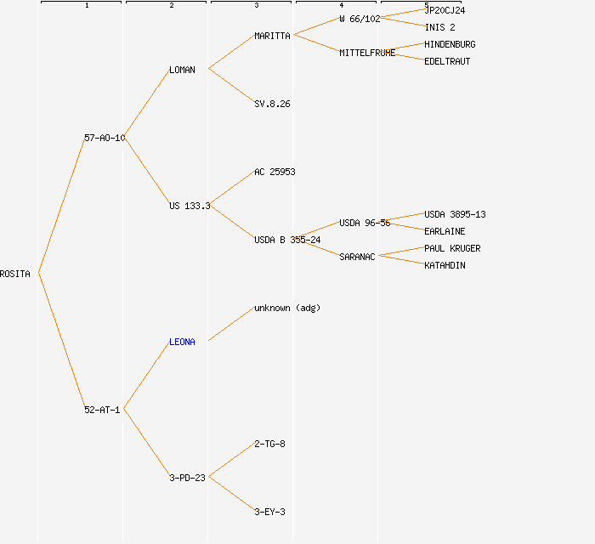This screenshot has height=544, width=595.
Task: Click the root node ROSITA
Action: point(15,274)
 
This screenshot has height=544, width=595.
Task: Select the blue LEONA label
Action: point(182,342)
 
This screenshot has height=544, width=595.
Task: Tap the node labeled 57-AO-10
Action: point(105,138)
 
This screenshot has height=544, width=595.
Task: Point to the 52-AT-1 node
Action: point(102,410)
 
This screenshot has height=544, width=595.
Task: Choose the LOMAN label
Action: point(182,70)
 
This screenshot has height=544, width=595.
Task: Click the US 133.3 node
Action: point(190,206)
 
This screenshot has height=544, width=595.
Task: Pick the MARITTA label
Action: point(272,36)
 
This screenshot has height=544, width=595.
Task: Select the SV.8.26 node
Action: point(272,104)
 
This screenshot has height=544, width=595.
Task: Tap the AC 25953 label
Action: point(275,172)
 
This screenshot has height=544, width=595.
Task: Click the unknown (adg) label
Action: point(287,308)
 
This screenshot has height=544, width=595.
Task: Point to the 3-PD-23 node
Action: point(187,478)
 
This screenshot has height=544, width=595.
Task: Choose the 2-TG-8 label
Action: point(269,444)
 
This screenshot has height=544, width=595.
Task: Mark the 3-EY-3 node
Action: point(269,512)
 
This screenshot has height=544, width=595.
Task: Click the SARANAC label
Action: point(357,257)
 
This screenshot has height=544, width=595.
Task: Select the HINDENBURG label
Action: point(450,44)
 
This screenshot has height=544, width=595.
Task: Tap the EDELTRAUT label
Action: point(447,61)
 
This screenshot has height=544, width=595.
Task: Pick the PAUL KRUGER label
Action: point(452,248)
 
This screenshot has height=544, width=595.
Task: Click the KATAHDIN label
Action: point(445,265)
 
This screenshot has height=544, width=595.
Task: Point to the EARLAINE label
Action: point(445,231)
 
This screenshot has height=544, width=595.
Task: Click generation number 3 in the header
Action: point(256,6)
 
